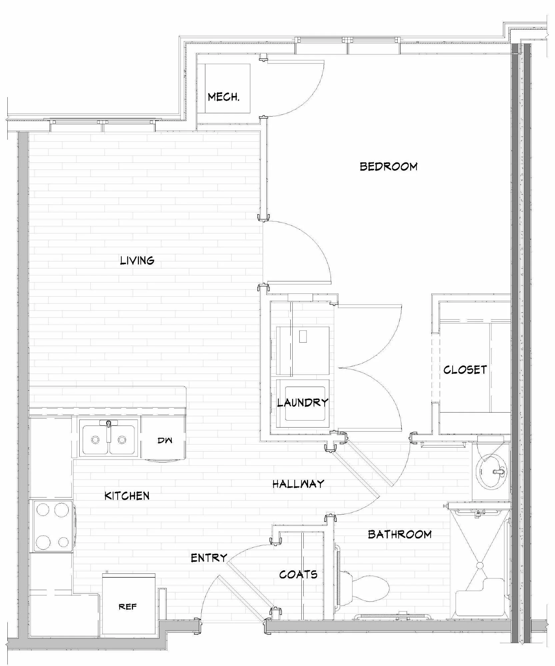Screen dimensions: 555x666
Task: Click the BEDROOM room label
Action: click(x=389, y=166)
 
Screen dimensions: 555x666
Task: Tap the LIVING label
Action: click(x=137, y=260)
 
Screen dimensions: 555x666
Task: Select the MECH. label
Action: click(x=224, y=97)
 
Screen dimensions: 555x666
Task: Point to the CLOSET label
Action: click(x=465, y=370)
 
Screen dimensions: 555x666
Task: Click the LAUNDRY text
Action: click(x=303, y=402)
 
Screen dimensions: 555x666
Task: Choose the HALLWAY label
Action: click(x=298, y=484)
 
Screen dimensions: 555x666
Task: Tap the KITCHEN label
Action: click(x=127, y=496)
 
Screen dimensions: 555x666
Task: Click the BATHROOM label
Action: click(x=400, y=534)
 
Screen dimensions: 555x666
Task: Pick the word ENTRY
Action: click(x=209, y=558)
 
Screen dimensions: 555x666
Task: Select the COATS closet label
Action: click(x=298, y=574)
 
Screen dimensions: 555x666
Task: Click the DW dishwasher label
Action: click(x=165, y=441)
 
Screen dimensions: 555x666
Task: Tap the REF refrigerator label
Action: click(x=128, y=607)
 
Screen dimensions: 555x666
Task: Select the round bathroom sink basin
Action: click(x=491, y=471)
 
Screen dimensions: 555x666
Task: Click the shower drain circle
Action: click(x=480, y=565)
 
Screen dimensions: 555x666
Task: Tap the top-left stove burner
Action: click(x=43, y=510)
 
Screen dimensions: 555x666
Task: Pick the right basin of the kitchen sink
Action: click(x=122, y=440)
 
